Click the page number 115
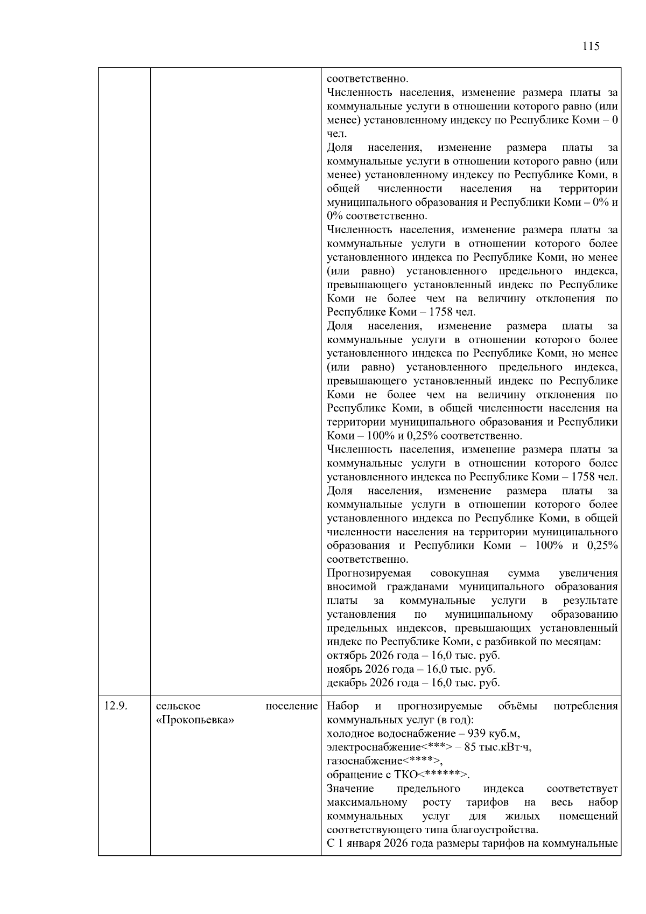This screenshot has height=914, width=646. click(591, 46)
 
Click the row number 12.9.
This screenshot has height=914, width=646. click(116, 706)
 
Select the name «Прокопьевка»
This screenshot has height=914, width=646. click(195, 720)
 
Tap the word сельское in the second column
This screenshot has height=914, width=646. click(178, 706)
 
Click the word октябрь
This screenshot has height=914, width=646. click(346, 655)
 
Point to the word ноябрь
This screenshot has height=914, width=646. click(343, 669)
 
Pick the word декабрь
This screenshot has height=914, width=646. click(346, 683)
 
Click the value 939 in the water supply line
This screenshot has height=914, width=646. click(477, 734)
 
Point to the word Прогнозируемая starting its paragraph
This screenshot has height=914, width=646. click(369, 573)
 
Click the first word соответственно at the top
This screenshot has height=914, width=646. click(367, 79)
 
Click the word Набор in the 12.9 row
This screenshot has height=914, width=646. click(342, 706)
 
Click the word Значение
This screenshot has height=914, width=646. click(350, 789)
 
